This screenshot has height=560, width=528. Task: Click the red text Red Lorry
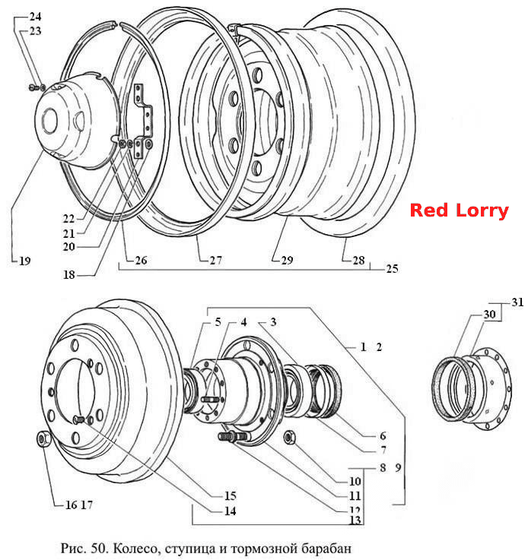pyautogui.click(x=459, y=210)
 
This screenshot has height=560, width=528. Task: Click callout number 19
pyautogui.click(x=24, y=261)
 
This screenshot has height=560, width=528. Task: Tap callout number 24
pyautogui.click(x=35, y=17)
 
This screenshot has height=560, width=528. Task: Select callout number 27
pyautogui.click(x=215, y=261)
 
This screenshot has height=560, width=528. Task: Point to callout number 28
pyautogui.click(x=358, y=261)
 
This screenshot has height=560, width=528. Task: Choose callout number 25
pyautogui.click(x=392, y=268)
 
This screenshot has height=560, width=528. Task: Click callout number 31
pyautogui.click(x=517, y=302)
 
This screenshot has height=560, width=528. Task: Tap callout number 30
pyautogui.click(x=489, y=314)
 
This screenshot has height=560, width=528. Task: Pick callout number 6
pyautogui.click(x=383, y=435)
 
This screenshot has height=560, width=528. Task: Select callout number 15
pyautogui.click(x=231, y=495)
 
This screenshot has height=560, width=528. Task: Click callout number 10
pyautogui.click(x=355, y=481)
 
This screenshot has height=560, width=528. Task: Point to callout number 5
pyautogui.click(x=218, y=322)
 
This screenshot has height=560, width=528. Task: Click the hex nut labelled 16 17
pyautogui.click(x=43, y=439)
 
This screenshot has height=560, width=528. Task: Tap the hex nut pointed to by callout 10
pyautogui.click(x=290, y=437)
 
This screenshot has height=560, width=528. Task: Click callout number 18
pyautogui.click(x=69, y=274)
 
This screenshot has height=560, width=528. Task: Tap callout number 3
pyautogui.click(x=273, y=322)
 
